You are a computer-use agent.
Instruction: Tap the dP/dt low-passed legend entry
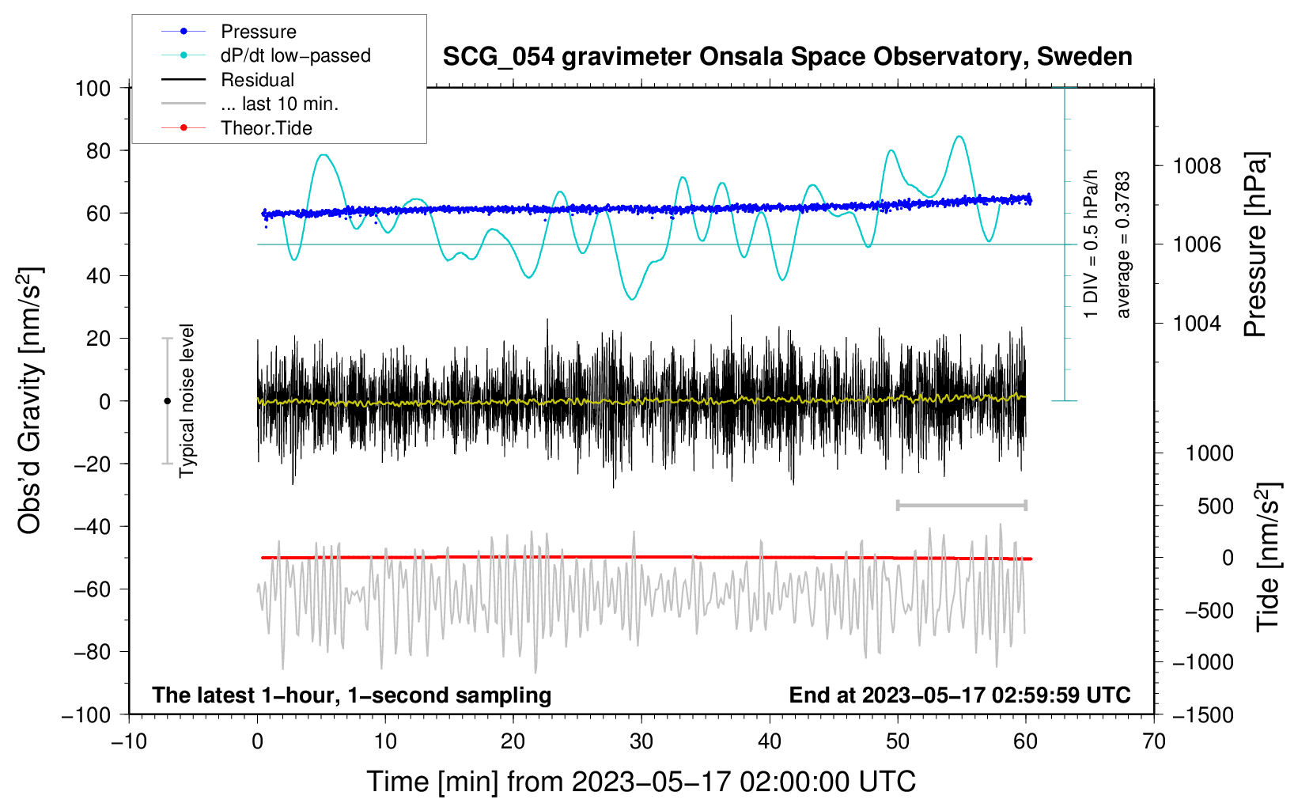266,55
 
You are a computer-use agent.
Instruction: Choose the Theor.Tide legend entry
236,128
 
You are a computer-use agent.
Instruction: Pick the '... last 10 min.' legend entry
250,104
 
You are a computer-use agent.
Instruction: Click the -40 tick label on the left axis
92,527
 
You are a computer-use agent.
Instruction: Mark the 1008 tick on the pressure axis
1197,167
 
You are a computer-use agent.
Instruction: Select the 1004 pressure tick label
1197,323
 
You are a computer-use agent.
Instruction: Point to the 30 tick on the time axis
641,742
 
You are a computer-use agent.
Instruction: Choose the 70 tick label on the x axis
1153,742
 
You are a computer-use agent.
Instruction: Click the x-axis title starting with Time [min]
641,782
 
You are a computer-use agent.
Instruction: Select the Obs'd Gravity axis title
30,400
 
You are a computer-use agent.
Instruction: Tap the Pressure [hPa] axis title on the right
1255,244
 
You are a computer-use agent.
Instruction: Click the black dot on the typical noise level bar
167,401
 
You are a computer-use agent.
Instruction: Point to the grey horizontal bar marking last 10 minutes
962,506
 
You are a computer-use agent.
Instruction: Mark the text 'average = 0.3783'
1122,245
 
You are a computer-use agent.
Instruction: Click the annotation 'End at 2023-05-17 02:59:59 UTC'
959,695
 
